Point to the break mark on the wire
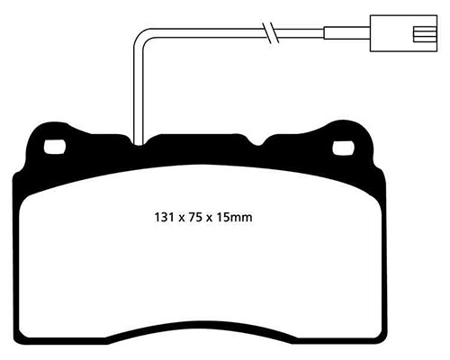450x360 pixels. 266,34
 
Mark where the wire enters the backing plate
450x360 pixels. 137,141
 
